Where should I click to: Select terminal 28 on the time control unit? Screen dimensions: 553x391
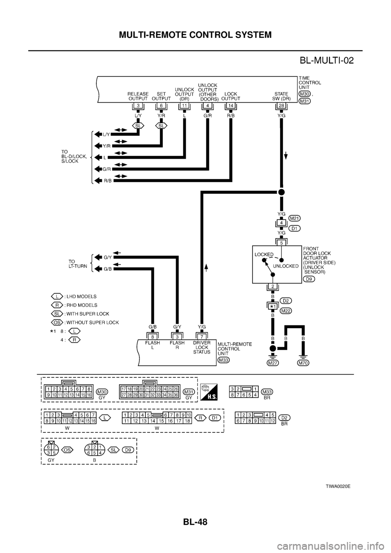pyautogui.click(x=281, y=106)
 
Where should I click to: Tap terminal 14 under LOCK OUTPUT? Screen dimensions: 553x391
pyautogui.click(x=231, y=106)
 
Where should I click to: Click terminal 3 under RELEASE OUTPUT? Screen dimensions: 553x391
pyautogui.click(x=138, y=106)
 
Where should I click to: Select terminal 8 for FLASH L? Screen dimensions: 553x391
pyautogui.click(x=152, y=336)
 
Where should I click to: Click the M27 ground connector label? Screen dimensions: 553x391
pyautogui.click(x=273, y=363)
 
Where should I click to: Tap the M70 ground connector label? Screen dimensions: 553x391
pyautogui.click(x=303, y=363)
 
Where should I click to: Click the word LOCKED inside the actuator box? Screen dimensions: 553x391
pyautogui.click(x=264, y=254)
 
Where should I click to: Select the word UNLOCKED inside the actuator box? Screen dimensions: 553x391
pyautogui.click(x=286, y=266)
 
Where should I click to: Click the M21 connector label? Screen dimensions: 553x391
pyautogui.click(x=294, y=218)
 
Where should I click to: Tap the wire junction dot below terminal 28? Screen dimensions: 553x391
pyautogui.click(x=281, y=192)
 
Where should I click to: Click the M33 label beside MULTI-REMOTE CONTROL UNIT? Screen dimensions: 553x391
pyautogui.click(x=223, y=360)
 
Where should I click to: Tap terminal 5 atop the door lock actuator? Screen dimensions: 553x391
pyautogui.click(x=281, y=242)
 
